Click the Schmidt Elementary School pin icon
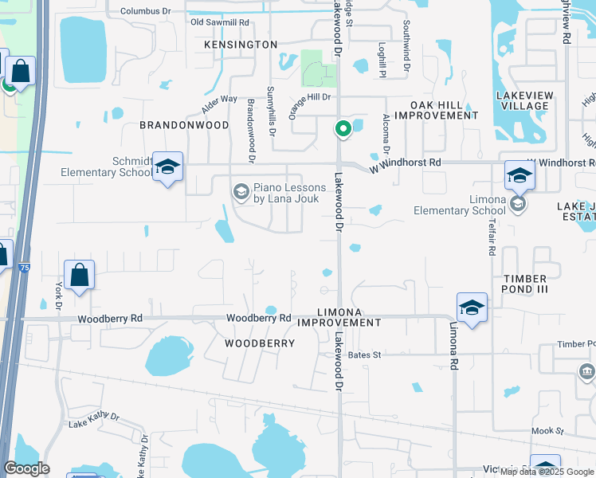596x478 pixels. tap(167, 167)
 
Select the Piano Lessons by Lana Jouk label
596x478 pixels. tap(289, 193)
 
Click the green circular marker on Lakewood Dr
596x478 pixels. tap(343, 128)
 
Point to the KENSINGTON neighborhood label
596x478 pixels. tap(241, 45)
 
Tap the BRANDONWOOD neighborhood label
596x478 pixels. tap(184, 125)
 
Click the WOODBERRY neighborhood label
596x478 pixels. tap(259, 343)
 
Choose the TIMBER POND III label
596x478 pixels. tap(524, 284)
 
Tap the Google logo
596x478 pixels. tap(26, 468)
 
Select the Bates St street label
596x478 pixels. tap(365, 355)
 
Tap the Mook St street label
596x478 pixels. tap(548, 431)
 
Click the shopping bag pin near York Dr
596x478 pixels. tap(79, 276)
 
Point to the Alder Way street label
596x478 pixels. tap(220, 102)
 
